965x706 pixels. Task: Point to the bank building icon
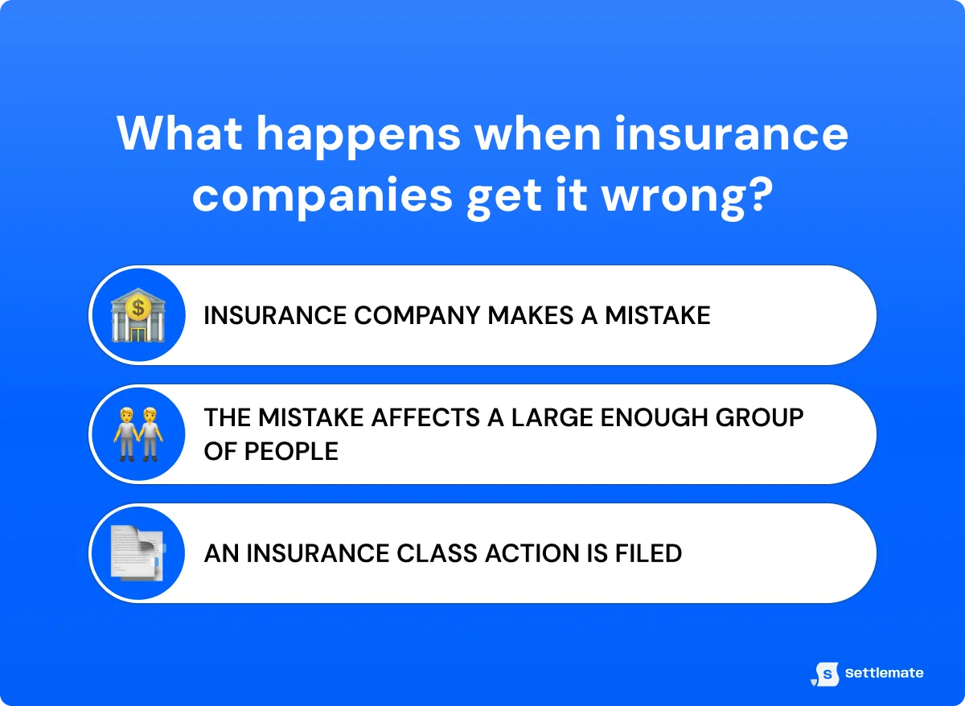(137, 316)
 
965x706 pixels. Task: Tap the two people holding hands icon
(137, 434)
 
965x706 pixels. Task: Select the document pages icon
(137, 553)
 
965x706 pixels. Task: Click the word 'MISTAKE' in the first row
(658, 315)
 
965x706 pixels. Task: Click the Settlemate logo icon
(825, 674)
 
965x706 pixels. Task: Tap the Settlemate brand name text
(884, 673)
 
